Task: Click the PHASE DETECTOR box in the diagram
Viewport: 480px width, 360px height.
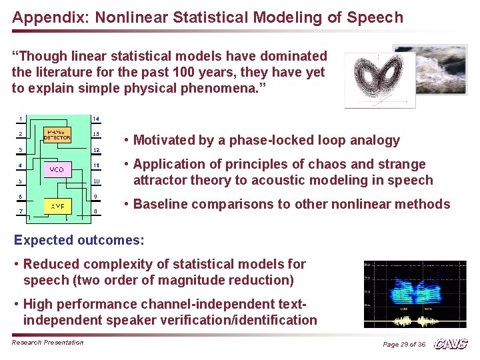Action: (57, 135)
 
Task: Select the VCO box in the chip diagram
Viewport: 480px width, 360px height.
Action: (57, 169)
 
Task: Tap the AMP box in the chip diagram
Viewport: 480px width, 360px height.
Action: (57, 206)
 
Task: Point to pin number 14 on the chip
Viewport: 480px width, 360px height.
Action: (96, 119)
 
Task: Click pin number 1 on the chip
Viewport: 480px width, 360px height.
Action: (21, 119)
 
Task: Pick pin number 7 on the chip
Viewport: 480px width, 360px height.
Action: (21, 211)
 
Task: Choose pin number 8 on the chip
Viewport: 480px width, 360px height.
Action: (96, 211)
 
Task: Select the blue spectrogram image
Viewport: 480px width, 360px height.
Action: (415, 287)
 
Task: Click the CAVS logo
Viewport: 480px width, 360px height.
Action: (451, 344)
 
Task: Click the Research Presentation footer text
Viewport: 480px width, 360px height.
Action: (48, 343)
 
